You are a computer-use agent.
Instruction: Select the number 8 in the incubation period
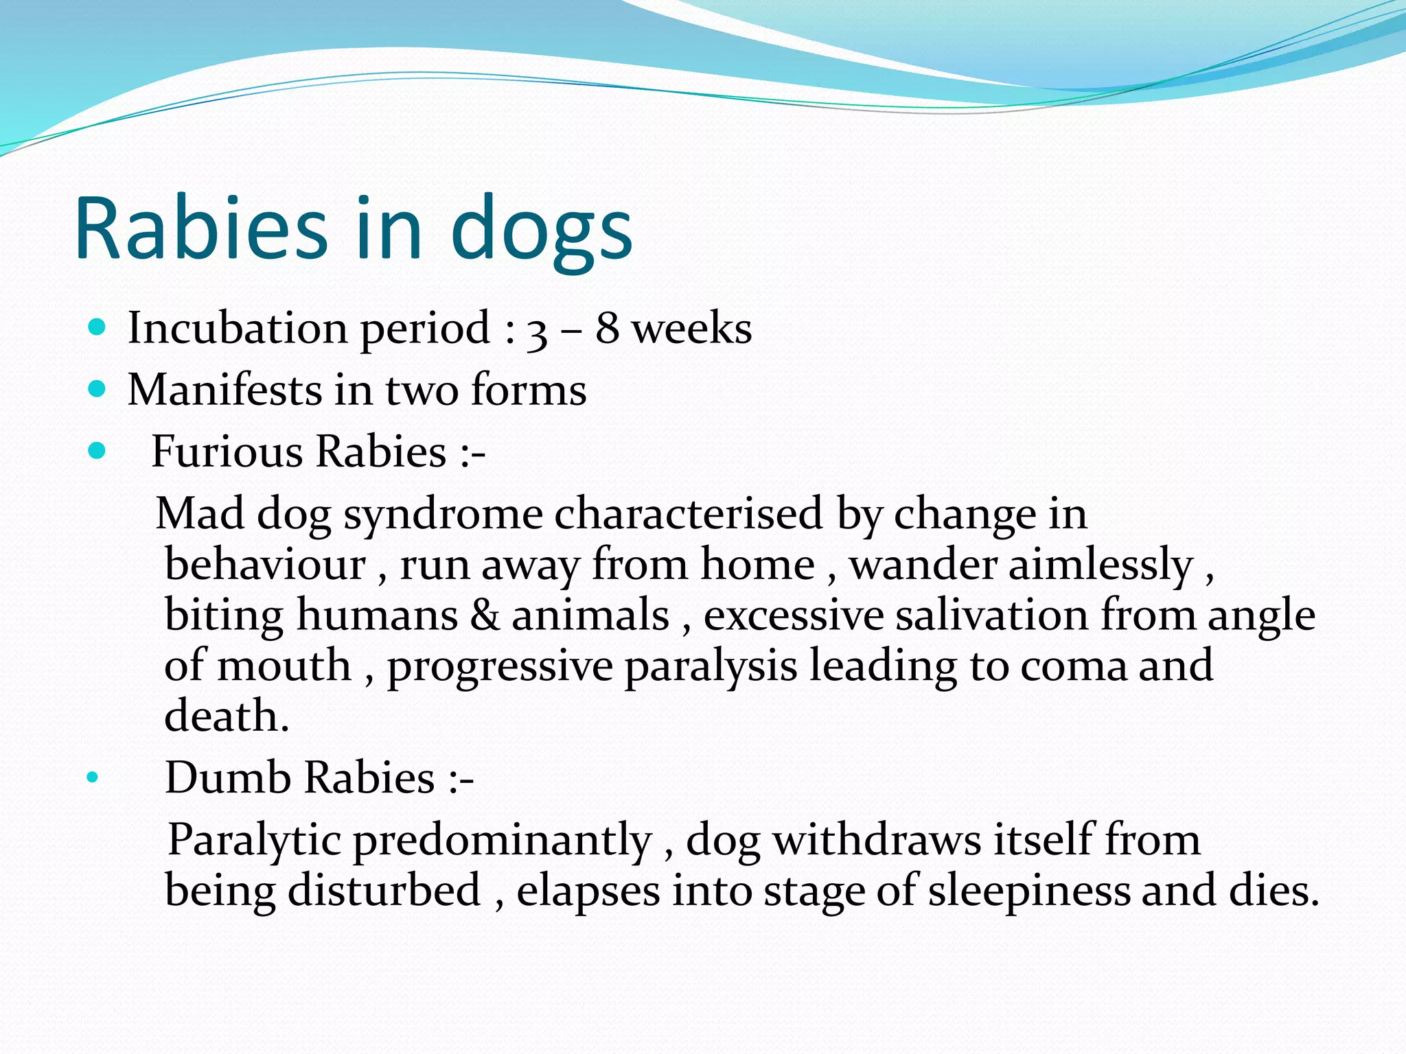(x=607, y=328)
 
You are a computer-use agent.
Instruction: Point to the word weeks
(x=691, y=328)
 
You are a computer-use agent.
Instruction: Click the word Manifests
(x=224, y=390)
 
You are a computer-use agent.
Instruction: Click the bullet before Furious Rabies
(x=97, y=451)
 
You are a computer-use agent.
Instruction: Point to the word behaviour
(x=265, y=565)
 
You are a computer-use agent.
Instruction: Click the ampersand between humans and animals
(x=485, y=615)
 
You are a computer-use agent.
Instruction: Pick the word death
(x=226, y=716)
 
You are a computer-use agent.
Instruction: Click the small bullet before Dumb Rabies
(x=93, y=778)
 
